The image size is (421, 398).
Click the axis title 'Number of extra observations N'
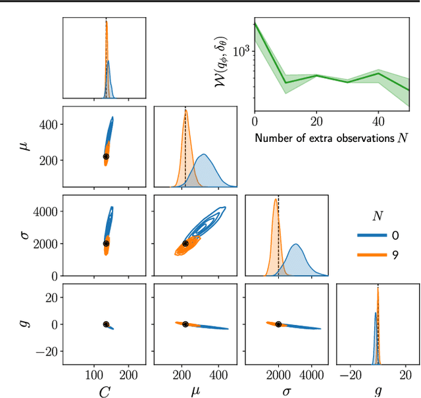332,139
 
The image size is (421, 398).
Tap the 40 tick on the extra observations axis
378,122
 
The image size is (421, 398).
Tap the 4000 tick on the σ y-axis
45,212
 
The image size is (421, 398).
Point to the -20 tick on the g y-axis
47,351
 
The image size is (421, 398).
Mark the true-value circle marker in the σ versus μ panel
185,244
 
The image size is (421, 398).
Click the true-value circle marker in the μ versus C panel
106,156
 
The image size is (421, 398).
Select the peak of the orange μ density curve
186,110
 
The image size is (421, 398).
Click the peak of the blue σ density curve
296,244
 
